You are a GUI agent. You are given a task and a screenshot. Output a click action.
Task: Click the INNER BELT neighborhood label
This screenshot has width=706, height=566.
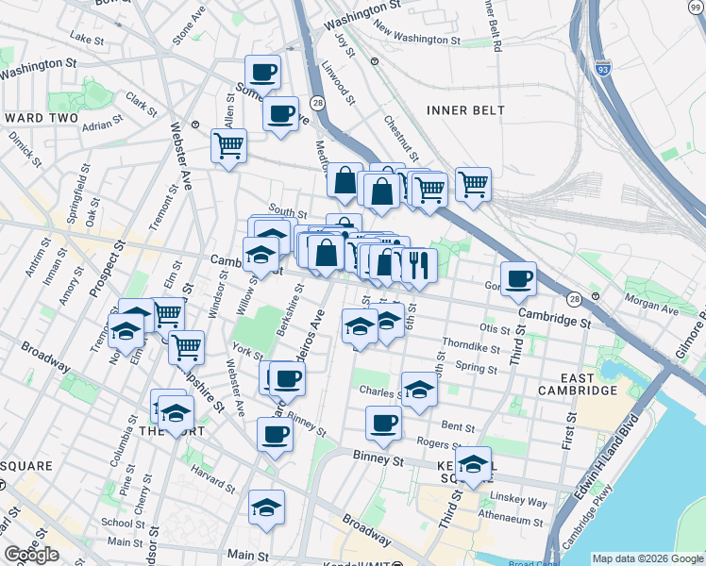[x=465, y=110]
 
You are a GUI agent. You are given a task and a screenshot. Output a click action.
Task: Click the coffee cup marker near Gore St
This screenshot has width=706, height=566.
[x=518, y=278]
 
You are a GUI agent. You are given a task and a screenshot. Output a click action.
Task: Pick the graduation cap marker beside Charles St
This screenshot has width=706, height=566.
[x=418, y=388]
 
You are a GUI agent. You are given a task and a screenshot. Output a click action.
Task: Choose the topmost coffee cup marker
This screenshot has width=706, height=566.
[x=262, y=71]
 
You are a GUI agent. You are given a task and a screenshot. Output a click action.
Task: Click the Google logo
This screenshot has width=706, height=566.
[x=31, y=556]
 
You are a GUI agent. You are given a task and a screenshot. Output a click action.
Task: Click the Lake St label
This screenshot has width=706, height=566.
[x=86, y=39]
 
